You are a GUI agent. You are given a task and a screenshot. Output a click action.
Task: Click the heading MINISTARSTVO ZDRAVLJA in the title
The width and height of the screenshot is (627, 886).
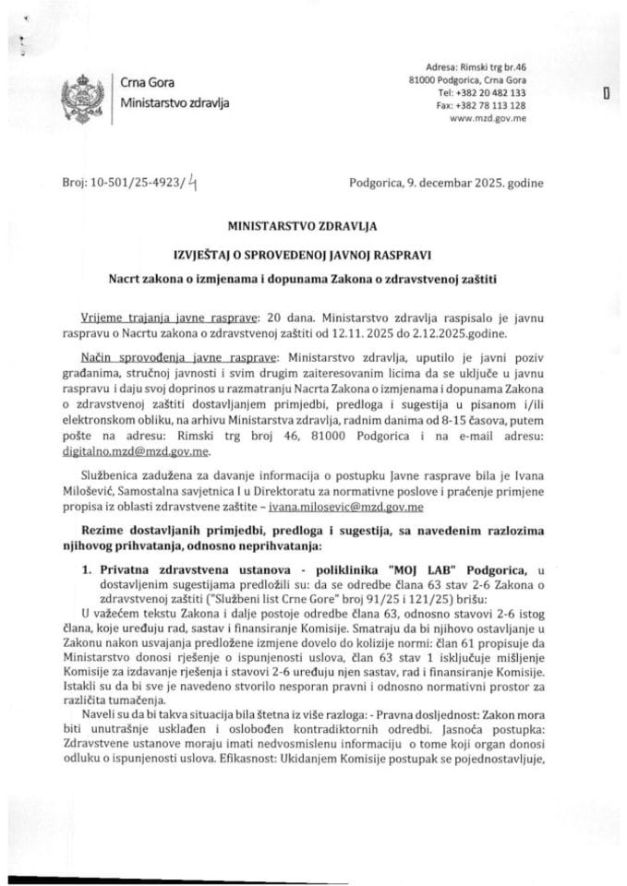[313, 222]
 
